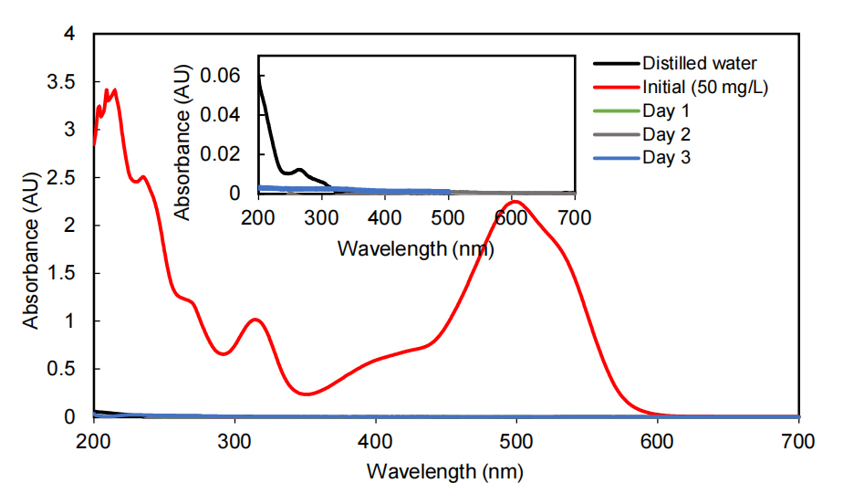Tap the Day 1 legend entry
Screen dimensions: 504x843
pyautogui.click(x=666, y=111)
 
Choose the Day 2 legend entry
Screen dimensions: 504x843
pyautogui.click(x=666, y=135)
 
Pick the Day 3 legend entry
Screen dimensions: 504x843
pyautogui.click(x=666, y=158)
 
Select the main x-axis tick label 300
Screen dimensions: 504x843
pyautogui.click(x=234, y=441)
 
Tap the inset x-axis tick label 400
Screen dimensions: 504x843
pyautogui.click(x=385, y=217)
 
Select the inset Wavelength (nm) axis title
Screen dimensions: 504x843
pyautogui.click(x=416, y=247)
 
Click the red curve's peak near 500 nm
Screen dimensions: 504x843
pyautogui.click(x=515, y=202)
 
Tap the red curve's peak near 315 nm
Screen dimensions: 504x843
pyautogui.click(x=256, y=320)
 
